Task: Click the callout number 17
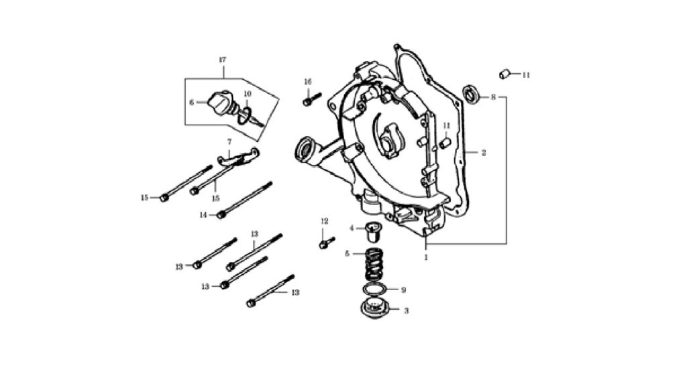[x=222, y=60]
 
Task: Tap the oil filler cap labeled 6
[x=220, y=103]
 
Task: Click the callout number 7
[x=229, y=142]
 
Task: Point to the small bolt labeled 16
[x=312, y=99]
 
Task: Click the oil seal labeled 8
[x=471, y=95]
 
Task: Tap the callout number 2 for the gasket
[x=483, y=153]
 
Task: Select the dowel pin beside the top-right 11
[x=505, y=74]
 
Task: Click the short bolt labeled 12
[x=327, y=243]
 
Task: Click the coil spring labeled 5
[x=375, y=265]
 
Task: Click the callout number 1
[x=426, y=257]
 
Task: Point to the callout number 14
[x=203, y=215]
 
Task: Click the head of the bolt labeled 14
[x=221, y=215]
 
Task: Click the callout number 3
[x=406, y=311]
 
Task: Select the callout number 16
[x=307, y=82]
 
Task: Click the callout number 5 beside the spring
[x=347, y=253]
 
